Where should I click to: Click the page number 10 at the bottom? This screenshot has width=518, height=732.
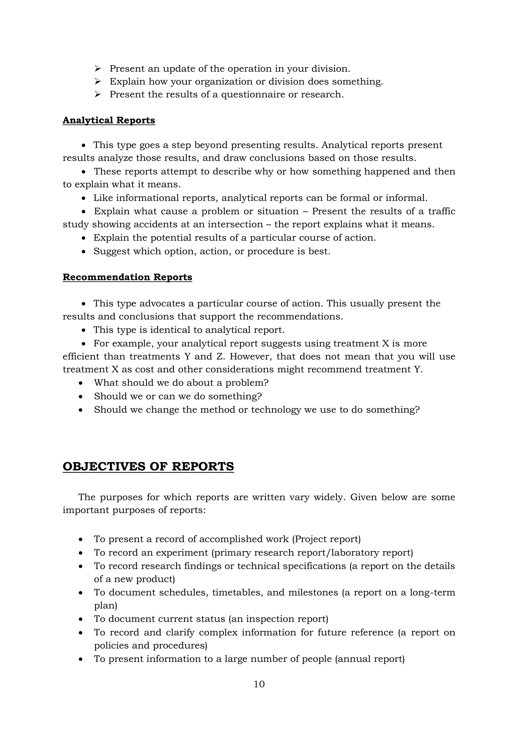tap(259, 684)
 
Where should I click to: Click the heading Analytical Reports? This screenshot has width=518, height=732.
tap(109, 121)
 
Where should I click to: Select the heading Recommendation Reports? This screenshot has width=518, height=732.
tap(127, 277)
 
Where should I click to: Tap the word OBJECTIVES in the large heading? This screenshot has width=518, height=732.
tap(104, 466)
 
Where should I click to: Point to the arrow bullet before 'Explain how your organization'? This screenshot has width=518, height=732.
tap(98, 82)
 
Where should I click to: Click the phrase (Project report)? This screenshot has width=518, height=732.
tap(326, 539)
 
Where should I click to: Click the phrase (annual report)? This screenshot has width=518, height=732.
tap(370, 659)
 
